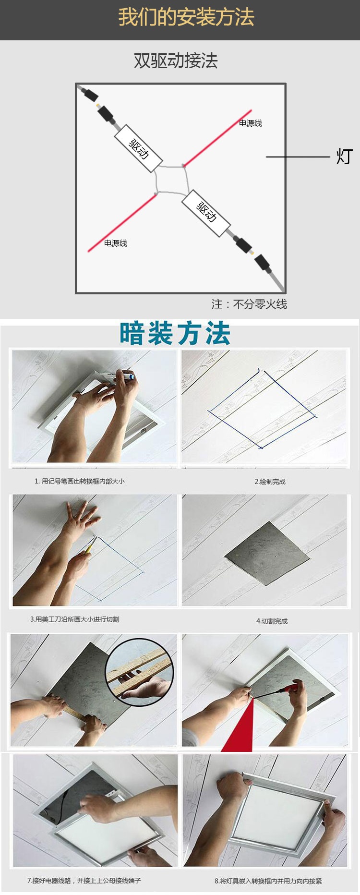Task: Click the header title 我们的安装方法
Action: [186, 18]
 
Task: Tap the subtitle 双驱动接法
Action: [176, 60]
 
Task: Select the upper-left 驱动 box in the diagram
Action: [138, 148]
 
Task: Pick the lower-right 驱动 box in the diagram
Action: [205, 213]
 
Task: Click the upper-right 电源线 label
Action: [251, 123]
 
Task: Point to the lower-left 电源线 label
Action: [116, 243]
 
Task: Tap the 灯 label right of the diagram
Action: [344, 157]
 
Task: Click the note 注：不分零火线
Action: [249, 304]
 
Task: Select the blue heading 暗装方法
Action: [175, 334]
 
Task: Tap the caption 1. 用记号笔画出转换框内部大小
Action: [79, 481]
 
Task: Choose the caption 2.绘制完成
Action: [270, 482]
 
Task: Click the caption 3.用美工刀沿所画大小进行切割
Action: [74, 619]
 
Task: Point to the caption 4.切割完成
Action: [272, 621]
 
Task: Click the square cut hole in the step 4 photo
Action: [267, 554]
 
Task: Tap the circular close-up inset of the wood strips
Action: [139, 672]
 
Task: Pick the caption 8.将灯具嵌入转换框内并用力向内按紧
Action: [268, 881]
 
